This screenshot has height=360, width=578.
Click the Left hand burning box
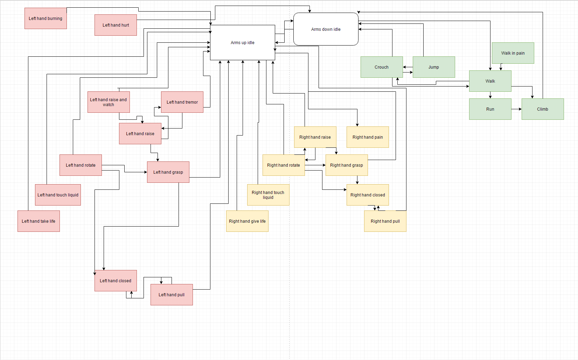46,18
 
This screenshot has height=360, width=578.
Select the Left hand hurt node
116,25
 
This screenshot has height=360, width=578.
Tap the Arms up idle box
242,42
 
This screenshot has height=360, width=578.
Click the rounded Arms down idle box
326,29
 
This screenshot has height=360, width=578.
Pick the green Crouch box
381,67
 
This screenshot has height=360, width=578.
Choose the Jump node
433,67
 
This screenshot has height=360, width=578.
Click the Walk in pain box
513,53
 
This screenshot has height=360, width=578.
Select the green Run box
490,109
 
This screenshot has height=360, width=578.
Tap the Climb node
542,109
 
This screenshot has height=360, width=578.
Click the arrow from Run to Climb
516,109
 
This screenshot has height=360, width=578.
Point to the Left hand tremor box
182,102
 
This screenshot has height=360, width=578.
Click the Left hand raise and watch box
109,102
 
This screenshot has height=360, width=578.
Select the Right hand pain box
367,137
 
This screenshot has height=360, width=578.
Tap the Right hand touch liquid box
268,195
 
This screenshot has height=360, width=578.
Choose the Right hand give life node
247,221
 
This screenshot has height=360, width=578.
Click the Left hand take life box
39,221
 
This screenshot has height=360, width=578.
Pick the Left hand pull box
172,295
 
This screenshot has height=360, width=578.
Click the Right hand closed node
367,195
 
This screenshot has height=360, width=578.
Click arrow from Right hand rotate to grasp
315,165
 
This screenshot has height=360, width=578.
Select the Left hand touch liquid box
58,195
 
